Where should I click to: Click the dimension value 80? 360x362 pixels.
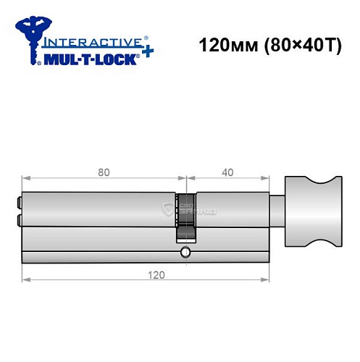tap(104, 173)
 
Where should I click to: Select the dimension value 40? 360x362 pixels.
tap(227, 173)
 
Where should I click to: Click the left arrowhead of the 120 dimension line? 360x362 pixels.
tap(25, 279)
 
